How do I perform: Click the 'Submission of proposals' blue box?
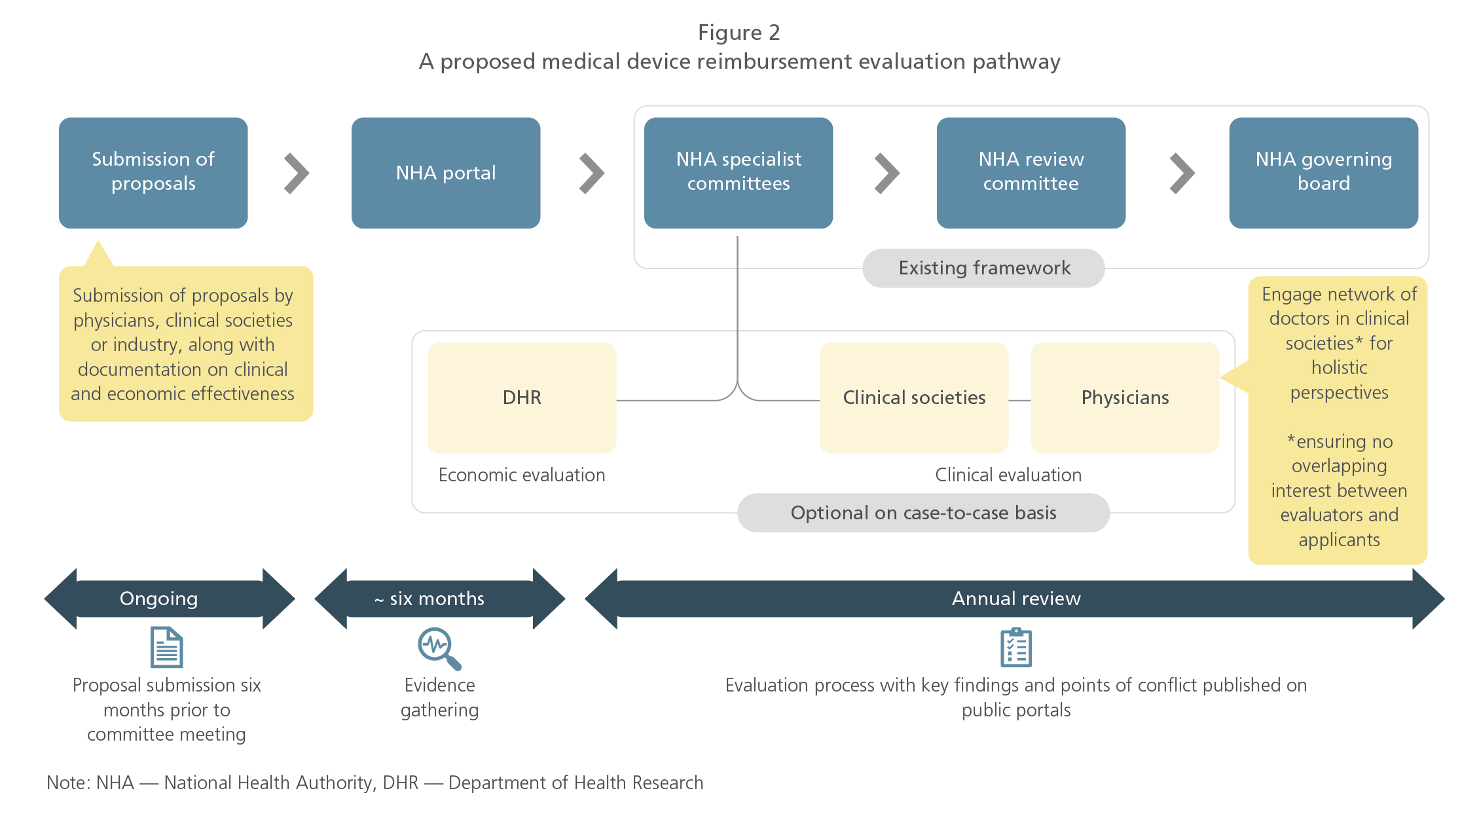(153, 172)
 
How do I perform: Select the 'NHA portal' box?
(445, 172)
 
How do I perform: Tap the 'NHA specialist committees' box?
(738, 172)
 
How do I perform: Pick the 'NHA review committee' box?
(1031, 172)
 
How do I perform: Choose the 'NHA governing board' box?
(1323, 172)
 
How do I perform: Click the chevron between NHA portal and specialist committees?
(592, 174)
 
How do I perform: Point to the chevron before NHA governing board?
(1182, 174)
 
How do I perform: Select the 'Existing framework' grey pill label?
(983, 268)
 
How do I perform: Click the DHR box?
(522, 398)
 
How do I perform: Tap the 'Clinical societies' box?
(913, 398)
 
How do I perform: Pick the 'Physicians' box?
(1124, 398)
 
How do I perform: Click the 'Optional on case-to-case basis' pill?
(922, 513)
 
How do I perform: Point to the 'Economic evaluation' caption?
(522, 475)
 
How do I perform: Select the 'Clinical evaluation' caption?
(1008, 475)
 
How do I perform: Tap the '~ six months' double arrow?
(439, 599)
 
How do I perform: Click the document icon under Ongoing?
(166, 647)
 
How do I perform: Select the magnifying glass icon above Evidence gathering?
(439, 648)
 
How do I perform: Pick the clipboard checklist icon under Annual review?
(1015, 648)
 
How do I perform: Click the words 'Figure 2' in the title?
(739, 33)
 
